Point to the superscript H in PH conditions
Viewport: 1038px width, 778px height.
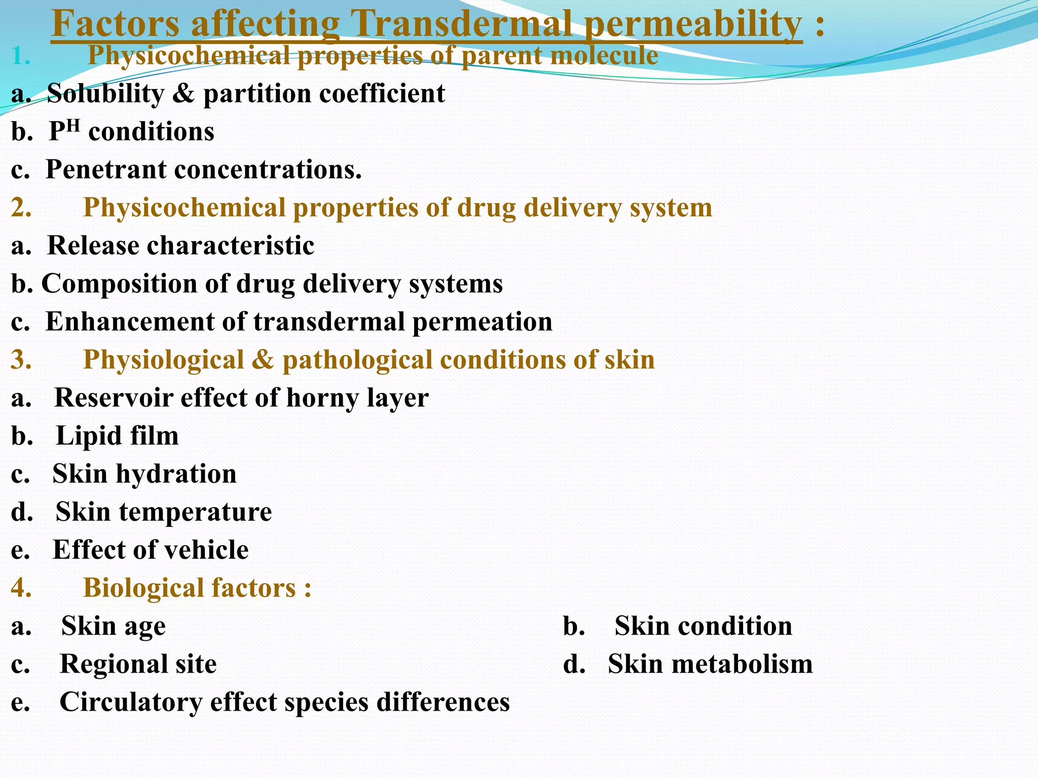coord(74,125)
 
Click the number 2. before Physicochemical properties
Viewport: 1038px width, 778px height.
coord(21,208)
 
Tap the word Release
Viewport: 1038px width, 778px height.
coord(93,246)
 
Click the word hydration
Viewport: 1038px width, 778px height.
coord(176,474)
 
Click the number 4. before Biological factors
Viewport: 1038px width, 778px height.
coord(21,588)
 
